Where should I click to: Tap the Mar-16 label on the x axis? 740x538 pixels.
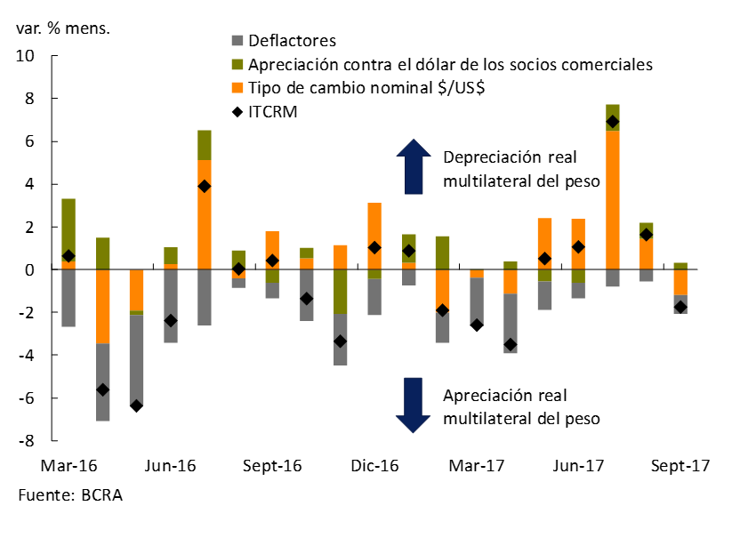click(x=68, y=466)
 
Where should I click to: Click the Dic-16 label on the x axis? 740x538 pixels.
click(x=374, y=466)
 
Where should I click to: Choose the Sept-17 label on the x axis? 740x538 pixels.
click(x=680, y=466)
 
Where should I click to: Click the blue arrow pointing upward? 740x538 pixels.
click(x=413, y=166)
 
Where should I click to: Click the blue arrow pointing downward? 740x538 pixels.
click(x=413, y=405)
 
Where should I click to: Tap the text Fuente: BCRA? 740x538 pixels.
click(x=69, y=495)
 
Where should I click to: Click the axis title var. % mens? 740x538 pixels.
click(x=63, y=28)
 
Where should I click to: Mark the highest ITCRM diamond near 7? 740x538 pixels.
click(x=613, y=122)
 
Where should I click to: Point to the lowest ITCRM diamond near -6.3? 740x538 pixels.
click(x=136, y=406)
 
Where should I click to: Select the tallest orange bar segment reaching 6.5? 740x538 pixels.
click(x=613, y=200)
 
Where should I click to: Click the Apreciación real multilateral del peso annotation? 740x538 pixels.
click(x=521, y=406)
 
